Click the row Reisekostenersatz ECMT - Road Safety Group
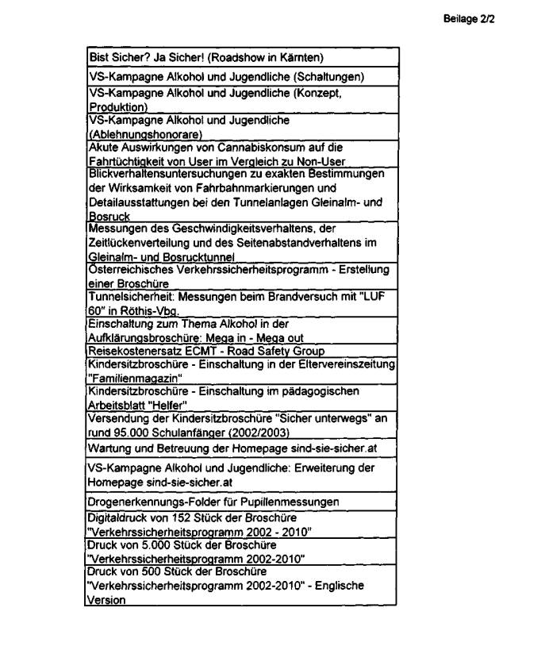(206, 351)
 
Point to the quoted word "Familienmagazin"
(134, 379)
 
